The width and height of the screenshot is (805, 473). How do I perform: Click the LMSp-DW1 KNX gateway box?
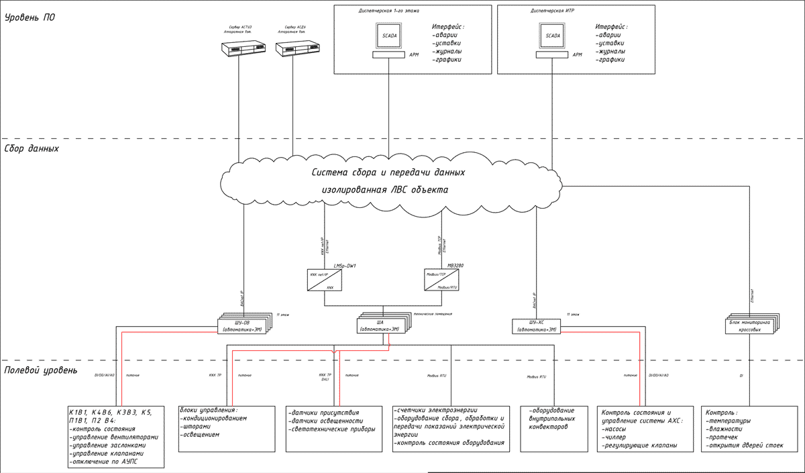[324, 280]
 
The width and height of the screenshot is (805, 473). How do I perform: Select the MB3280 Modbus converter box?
[441, 280]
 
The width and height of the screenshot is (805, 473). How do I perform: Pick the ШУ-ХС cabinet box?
[535, 326]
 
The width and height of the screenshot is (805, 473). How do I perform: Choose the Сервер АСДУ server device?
[294, 48]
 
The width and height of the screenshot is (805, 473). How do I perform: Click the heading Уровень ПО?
[30, 17]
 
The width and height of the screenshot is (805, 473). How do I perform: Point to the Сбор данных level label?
[32, 149]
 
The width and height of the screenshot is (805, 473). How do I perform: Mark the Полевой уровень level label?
[41, 370]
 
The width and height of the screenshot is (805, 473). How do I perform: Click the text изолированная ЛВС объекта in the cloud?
[384, 190]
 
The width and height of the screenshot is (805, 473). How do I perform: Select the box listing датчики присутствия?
[333, 428]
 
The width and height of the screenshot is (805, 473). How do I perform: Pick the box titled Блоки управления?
[227, 428]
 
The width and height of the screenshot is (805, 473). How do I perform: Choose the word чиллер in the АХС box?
[621, 435]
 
